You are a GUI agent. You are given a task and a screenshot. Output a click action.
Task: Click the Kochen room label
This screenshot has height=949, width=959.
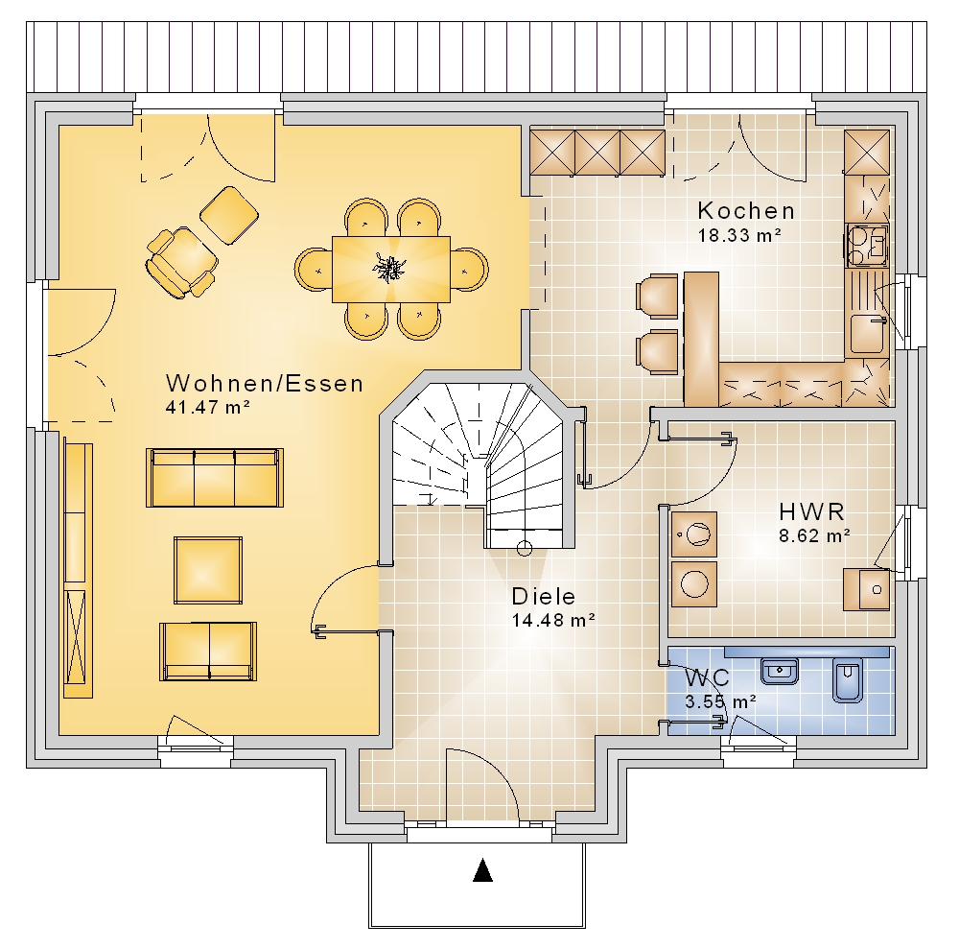745,211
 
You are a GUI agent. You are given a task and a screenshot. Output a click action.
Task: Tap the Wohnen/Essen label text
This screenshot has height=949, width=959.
265,384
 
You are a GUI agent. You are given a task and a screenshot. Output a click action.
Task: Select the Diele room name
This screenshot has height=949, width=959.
544,597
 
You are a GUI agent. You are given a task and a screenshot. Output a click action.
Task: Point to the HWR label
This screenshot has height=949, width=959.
811,511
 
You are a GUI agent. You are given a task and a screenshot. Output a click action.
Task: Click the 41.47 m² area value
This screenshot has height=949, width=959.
208,408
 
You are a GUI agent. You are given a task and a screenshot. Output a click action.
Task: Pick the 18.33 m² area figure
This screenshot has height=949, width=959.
740,235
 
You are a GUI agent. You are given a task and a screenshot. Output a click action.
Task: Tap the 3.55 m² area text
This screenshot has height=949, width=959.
720,701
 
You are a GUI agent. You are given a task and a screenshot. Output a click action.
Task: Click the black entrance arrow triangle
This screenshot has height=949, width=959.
482,870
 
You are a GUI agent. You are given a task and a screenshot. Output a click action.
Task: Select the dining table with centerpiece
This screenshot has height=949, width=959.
391,270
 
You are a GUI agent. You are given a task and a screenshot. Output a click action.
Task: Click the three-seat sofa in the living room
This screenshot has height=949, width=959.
215,478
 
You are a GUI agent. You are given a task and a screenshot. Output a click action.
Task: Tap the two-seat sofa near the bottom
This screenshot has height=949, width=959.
208,652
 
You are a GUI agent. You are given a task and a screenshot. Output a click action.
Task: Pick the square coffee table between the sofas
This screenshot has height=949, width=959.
208,570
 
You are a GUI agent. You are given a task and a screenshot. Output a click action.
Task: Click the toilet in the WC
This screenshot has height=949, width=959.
848,679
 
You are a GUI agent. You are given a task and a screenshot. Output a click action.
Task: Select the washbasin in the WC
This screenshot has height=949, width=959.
779,672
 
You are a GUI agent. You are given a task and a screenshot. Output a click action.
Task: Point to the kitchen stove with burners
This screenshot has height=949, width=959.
867,246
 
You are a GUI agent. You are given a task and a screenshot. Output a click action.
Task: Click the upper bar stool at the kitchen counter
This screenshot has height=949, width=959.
658,297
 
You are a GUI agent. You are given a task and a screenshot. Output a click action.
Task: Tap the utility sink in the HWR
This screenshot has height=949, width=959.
867,590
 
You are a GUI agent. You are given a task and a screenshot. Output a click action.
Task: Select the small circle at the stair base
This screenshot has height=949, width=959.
525,548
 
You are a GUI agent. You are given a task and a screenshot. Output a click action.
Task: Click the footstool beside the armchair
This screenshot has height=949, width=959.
229,215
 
